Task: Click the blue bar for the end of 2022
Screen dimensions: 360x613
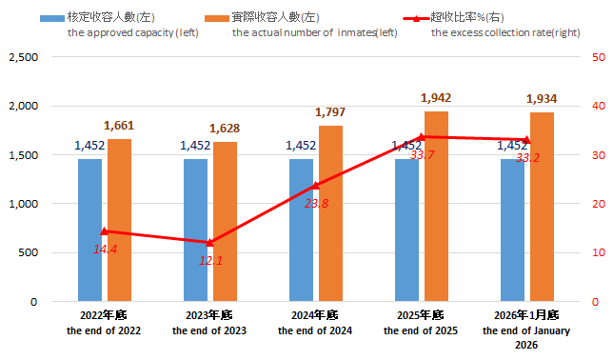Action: (89, 230)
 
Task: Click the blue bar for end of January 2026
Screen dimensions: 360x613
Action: (512, 230)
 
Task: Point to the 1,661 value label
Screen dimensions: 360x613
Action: (120, 125)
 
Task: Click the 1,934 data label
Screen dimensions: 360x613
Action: (543, 98)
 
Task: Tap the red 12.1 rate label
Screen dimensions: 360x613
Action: (210, 260)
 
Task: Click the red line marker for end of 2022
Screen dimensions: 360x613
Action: (105, 231)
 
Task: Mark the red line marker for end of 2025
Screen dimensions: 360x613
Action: (422, 137)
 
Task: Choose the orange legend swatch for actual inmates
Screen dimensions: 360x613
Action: (217, 17)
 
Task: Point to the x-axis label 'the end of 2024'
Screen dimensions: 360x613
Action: (315, 330)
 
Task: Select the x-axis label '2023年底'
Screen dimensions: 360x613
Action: (209, 315)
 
